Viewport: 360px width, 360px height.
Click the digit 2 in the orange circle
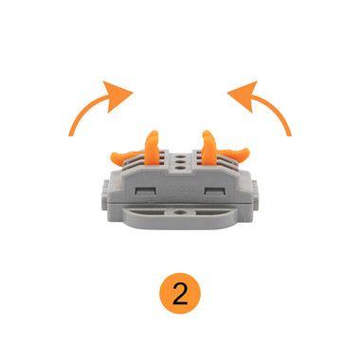[x=180, y=294]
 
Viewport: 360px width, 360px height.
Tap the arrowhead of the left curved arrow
[x=117, y=95]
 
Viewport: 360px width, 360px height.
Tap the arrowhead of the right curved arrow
[x=243, y=95]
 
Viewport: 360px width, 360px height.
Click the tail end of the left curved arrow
[x=71, y=135]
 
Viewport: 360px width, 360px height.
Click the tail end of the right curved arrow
[x=289, y=135]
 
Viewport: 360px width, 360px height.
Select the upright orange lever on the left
[x=152, y=148]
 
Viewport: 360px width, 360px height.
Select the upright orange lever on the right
[x=208, y=148]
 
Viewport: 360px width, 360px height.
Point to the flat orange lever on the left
[x=124, y=157]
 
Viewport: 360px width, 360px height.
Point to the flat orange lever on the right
[x=236, y=154]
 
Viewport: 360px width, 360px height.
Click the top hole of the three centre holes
[x=180, y=156]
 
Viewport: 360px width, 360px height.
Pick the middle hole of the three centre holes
[x=180, y=162]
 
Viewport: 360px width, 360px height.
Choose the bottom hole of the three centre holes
[x=180, y=169]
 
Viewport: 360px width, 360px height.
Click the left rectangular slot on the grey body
[x=146, y=190]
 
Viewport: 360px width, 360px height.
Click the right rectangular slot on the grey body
[x=215, y=190]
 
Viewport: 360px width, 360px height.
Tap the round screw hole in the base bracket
[x=180, y=212]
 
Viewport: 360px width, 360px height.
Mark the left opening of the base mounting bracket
[x=152, y=213]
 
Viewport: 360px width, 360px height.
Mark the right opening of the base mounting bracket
[x=209, y=213]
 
